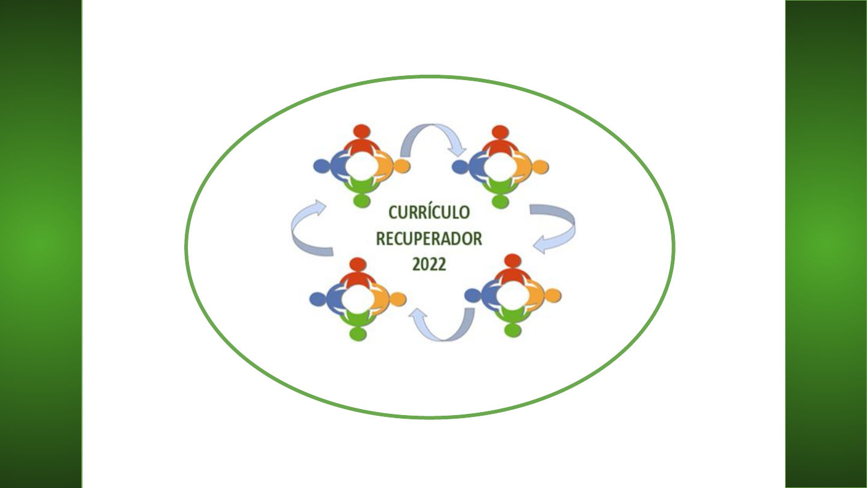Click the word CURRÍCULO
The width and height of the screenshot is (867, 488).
click(429, 213)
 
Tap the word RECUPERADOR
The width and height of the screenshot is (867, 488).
click(429, 239)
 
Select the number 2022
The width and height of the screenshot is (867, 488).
click(429, 264)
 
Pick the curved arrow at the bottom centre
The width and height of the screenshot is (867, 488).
click(442, 325)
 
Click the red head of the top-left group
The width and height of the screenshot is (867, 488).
click(361, 131)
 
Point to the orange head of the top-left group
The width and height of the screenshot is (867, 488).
click(402, 166)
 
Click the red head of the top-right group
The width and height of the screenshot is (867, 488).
click(499, 132)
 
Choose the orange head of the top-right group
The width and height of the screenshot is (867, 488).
click(540, 166)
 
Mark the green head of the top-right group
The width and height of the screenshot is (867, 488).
click(499, 201)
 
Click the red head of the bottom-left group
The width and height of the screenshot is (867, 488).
click(358, 264)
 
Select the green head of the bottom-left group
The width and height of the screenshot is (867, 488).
click(358, 333)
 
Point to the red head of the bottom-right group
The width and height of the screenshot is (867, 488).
click(512, 260)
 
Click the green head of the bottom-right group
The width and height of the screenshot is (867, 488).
click(512, 330)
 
